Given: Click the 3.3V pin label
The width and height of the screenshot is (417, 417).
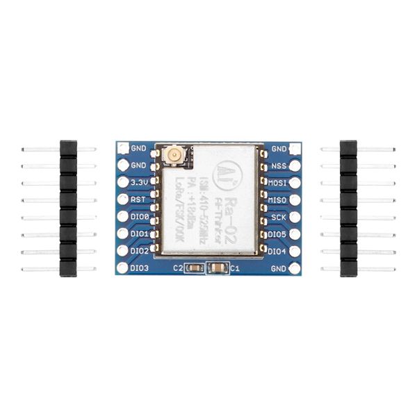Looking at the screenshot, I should [139, 182].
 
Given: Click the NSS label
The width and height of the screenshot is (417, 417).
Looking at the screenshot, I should [278, 165].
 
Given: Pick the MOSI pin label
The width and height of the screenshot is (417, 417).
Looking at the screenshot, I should [278, 182].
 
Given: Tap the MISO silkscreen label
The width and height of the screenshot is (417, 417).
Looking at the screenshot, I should [278, 199].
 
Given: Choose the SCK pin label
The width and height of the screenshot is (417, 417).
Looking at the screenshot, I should [278, 216].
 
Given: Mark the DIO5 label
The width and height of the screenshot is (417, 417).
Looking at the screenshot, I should [277, 234].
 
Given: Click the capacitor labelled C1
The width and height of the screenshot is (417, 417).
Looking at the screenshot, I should [218, 268].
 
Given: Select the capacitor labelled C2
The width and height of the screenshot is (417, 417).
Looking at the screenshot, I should [195, 268].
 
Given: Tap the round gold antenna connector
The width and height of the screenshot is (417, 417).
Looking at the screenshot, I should [170, 157].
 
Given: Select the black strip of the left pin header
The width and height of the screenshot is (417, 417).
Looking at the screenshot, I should [68, 208].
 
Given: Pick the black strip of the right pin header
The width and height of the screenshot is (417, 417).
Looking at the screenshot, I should [348, 208].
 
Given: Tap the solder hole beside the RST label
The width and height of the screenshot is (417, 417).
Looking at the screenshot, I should [123, 199].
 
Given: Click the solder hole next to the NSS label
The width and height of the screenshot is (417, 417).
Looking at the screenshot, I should [295, 165].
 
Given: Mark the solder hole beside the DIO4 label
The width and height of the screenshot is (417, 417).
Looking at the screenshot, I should [295, 250].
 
